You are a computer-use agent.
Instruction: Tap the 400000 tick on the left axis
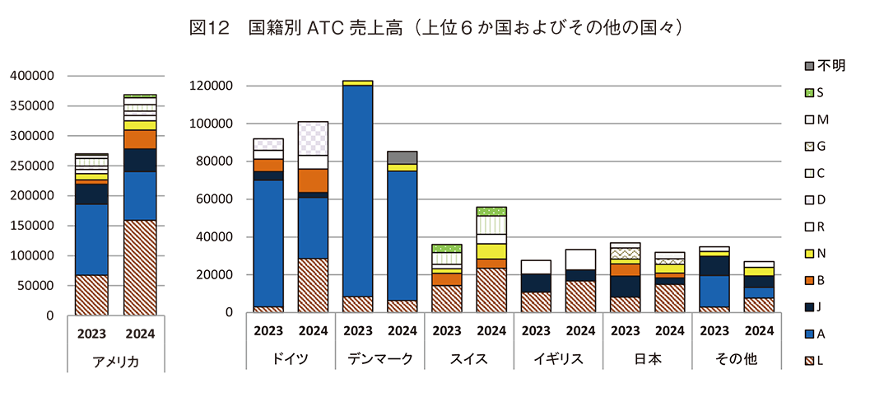(x=32, y=76)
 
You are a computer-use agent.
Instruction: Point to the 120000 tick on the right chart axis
(x=211, y=86)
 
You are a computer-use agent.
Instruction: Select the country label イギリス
(x=558, y=360)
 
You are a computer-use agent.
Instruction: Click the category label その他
(x=736, y=360)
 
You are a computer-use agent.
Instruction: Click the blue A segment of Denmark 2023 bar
(x=358, y=189)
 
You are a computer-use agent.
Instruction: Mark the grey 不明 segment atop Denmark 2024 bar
(x=402, y=157)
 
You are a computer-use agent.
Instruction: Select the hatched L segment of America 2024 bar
(x=140, y=267)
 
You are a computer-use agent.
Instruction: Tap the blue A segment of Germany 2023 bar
(x=268, y=243)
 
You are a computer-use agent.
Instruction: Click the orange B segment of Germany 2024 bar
(x=313, y=180)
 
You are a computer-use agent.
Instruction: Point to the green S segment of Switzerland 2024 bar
(x=491, y=211)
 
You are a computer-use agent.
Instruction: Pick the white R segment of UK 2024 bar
(x=580, y=259)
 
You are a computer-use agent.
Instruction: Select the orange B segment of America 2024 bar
(x=140, y=139)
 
